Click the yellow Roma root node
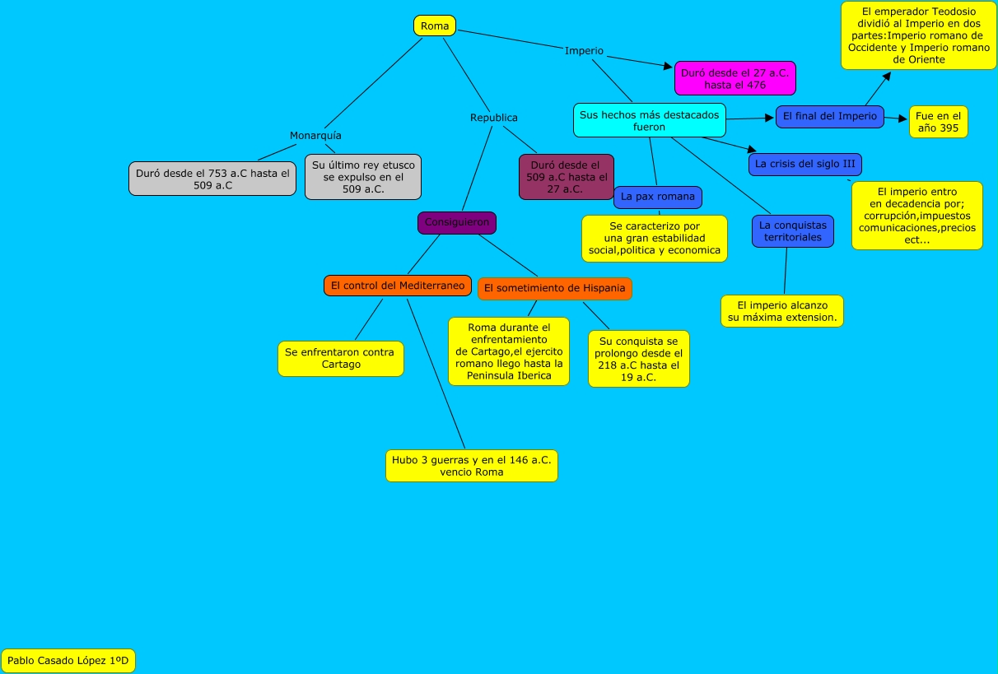[434, 26]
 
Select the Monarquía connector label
[315, 135]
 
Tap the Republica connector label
[494, 118]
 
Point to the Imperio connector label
[584, 51]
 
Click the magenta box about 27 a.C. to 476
[735, 78]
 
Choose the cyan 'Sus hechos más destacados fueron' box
[649, 120]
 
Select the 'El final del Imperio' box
[829, 116]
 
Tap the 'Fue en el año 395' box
[938, 122]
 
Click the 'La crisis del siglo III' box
[804, 164]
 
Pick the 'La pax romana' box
[657, 197]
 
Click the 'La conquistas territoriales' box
[792, 231]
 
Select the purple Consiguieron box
[456, 222]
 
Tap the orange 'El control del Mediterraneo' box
[397, 286]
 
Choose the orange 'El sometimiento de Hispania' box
[554, 288]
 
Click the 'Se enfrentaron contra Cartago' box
[340, 358]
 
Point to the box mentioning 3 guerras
[471, 466]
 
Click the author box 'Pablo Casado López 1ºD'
[68, 660]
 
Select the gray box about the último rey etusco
[362, 177]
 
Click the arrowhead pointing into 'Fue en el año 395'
[902, 119]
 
